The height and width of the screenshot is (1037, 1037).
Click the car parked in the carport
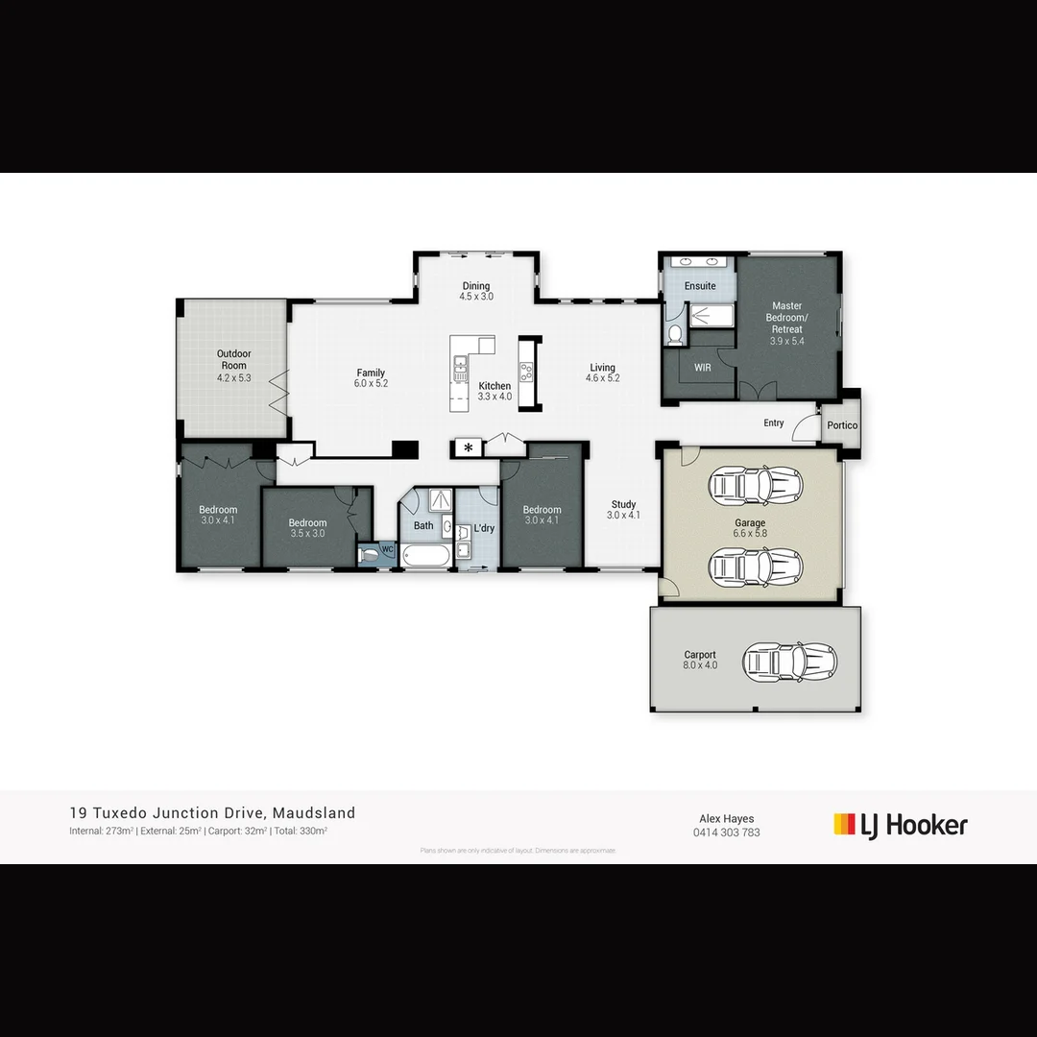click(x=789, y=661)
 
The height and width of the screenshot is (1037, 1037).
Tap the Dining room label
click(x=475, y=291)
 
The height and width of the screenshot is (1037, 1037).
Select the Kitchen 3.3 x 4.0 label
click(x=495, y=391)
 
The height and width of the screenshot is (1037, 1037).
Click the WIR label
click(x=702, y=367)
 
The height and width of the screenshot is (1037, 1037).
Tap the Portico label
click(x=842, y=425)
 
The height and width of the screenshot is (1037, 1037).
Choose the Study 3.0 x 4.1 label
click(x=623, y=509)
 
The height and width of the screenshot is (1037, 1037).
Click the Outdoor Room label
click(x=233, y=366)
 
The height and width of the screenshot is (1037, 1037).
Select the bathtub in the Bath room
click(x=424, y=556)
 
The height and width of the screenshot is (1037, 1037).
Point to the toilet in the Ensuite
click(x=675, y=333)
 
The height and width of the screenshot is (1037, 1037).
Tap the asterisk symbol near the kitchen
click(x=469, y=447)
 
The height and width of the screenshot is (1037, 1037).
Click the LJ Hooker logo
click(x=901, y=825)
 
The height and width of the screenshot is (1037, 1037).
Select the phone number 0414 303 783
click(x=726, y=832)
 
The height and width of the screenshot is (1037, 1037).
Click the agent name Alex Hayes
click(x=726, y=819)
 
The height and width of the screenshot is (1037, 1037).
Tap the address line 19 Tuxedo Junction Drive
click(x=212, y=813)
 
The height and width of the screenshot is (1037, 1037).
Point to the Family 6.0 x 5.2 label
click(x=371, y=377)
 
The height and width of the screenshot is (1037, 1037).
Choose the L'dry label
click(x=483, y=529)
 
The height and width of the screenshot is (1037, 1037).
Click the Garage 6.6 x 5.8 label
click(x=750, y=528)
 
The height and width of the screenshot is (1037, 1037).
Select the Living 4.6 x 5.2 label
click(x=603, y=373)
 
